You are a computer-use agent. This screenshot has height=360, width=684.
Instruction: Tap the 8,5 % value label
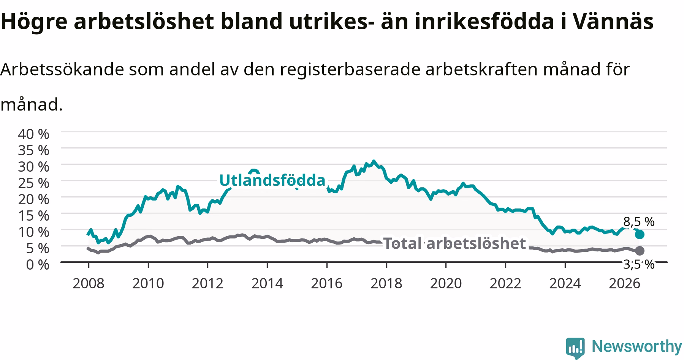click(x=639, y=221)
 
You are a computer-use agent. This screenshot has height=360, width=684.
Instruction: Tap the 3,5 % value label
click(x=639, y=264)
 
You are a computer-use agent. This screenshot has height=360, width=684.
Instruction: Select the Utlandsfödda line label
click(x=272, y=180)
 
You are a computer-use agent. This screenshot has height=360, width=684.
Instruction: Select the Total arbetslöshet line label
click(x=454, y=243)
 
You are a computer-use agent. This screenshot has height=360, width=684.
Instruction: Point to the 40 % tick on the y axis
click(x=34, y=134)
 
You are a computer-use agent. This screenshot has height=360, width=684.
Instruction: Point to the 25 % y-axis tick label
click(x=34, y=183)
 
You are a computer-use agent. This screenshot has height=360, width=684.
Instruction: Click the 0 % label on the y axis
click(x=38, y=264)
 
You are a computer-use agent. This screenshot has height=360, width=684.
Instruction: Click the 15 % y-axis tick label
click(x=34, y=215)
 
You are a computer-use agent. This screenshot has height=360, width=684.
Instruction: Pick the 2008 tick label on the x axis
click(x=89, y=283)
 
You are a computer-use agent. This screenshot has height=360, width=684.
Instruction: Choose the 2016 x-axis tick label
click(x=327, y=283)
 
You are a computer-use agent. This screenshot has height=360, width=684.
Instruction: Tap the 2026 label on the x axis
click(x=624, y=283)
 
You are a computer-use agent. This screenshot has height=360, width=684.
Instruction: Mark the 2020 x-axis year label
click(x=446, y=283)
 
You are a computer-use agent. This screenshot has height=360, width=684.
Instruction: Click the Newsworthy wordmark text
click(x=637, y=347)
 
